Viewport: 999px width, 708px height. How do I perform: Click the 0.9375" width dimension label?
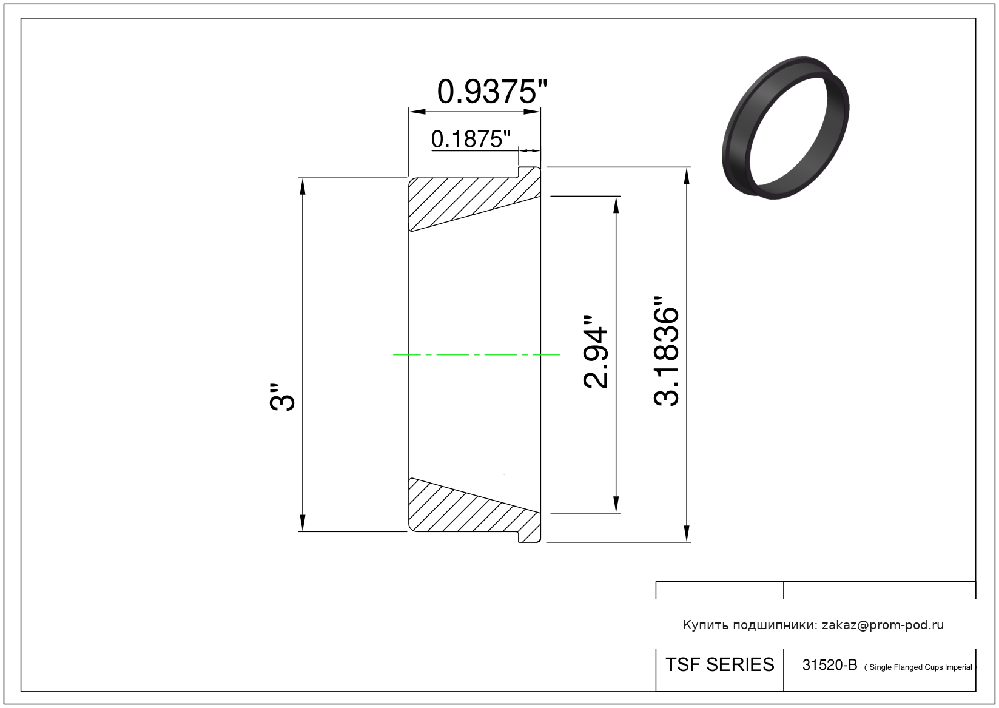pos(492,92)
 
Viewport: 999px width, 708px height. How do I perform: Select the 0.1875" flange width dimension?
pos(471,139)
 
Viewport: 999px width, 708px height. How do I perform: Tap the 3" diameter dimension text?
pos(282,396)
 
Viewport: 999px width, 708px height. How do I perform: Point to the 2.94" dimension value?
pos(596,352)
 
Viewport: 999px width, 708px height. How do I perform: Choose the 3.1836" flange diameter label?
pos(666,351)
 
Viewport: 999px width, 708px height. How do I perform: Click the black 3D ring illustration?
pos(786,127)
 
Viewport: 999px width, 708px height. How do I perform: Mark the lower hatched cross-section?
pos(474,510)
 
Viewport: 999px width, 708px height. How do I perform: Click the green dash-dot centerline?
pos(476,355)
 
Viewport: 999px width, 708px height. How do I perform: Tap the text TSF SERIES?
pos(720,664)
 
